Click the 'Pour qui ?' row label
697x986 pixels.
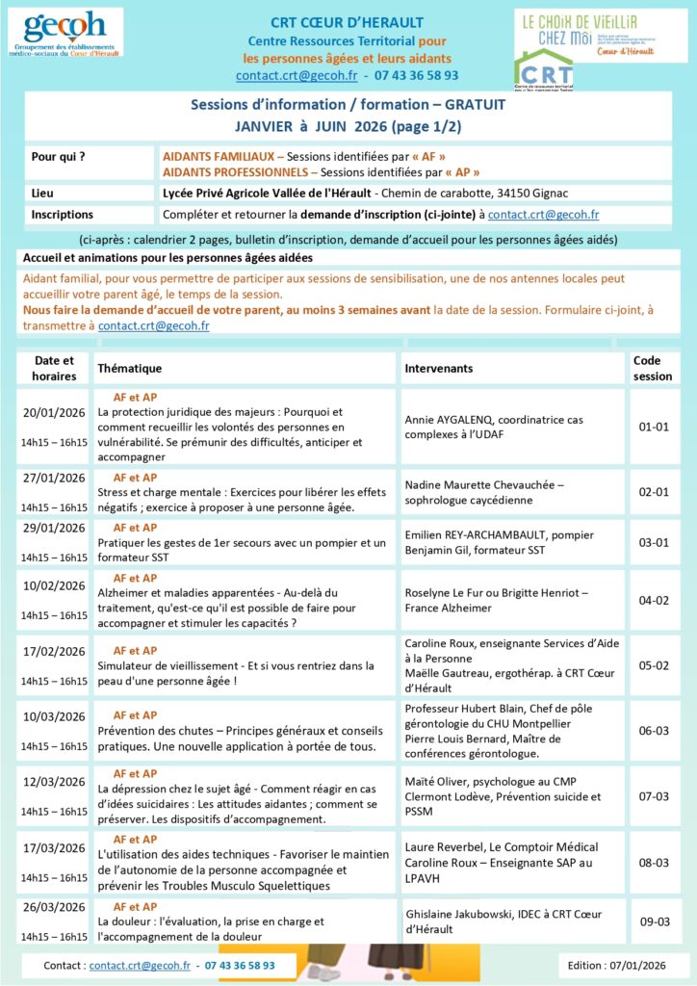point(58,155)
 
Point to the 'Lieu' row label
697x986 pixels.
point(42,193)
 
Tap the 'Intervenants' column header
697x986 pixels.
point(438,369)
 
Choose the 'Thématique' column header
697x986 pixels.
point(129,369)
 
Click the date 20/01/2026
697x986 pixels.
point(54,412)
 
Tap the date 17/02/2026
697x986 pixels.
point(54,651)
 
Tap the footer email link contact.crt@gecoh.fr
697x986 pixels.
point(139,965)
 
